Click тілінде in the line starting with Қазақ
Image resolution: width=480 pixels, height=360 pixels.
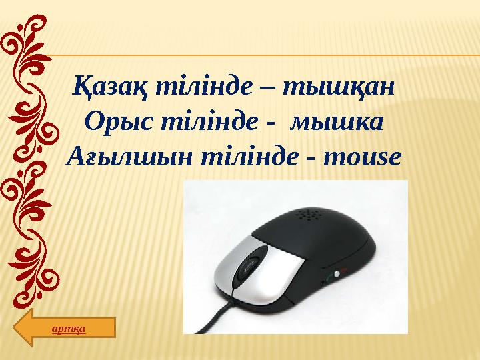[205, 89]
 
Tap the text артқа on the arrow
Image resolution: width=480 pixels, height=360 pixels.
[71, 328]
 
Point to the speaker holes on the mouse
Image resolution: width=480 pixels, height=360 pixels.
[308, 215]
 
